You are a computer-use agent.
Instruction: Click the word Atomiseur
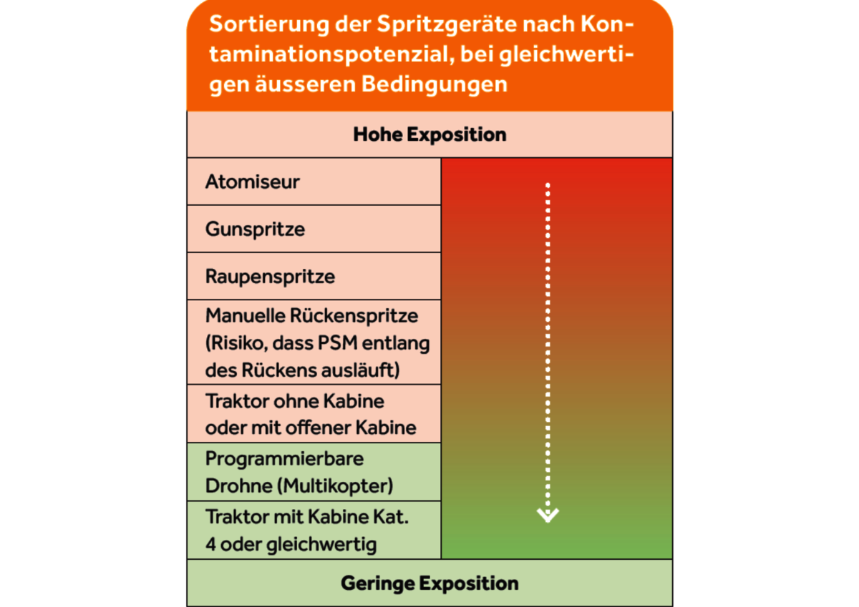pos(252,182)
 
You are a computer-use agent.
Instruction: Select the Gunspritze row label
pos(255,230)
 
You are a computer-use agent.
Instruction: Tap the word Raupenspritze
pos(270,277)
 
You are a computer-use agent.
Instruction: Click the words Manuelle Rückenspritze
pos(311,316)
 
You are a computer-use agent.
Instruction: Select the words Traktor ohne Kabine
pos(294,401)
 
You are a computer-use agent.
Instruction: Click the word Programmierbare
pos(284,459)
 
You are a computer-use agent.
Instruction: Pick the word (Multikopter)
pos(335,486)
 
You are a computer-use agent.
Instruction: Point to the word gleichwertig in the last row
pos(321,545)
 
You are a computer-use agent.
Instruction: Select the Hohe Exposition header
pos(429,134)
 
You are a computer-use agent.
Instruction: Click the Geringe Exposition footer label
pos(429,583)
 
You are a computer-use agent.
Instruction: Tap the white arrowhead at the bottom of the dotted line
pos(548,515)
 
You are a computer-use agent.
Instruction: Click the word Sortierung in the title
pos(269,24)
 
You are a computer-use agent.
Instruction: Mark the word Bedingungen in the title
pos(434,84)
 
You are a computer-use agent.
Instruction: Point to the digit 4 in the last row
pos(210,544)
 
